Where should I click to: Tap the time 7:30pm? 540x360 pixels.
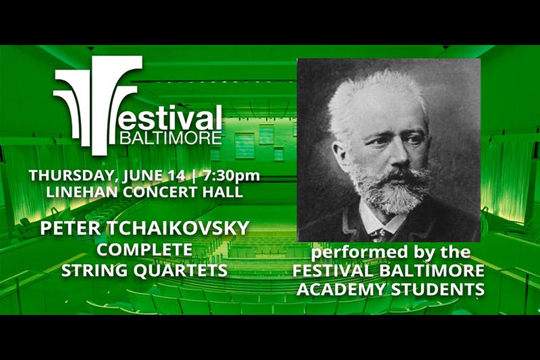[x=231, y=176]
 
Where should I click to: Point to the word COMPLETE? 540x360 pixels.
[x=144, y=250]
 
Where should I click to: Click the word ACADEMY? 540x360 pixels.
[x=341, y=289]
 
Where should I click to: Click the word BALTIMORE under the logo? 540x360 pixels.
[x=170, y=137]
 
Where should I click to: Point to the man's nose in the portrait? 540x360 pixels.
[x=399, y=156]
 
